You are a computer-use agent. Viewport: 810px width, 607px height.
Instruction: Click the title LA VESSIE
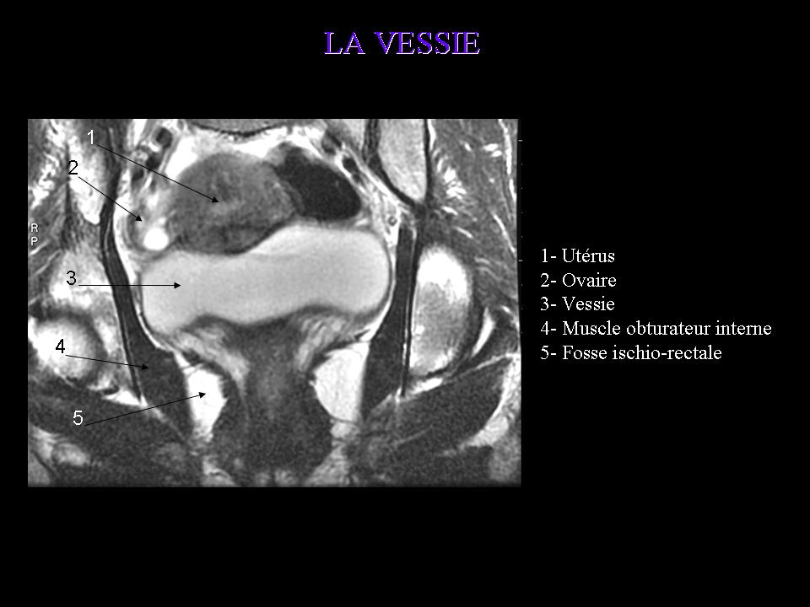pyautogui.click(x=402, y=43)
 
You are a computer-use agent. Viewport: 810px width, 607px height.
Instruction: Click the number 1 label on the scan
pyautogui.click(x=91, y=137)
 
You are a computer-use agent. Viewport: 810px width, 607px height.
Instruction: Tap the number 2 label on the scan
pyautogui.click(x=73, y=168)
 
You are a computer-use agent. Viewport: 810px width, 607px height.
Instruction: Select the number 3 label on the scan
pyautogui.click(x=71, y=278)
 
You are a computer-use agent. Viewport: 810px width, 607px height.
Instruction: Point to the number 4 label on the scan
pyautogui.click(x=61, y=346)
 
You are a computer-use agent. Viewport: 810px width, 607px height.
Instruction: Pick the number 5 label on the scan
pyautogui.click(x=78, y=417)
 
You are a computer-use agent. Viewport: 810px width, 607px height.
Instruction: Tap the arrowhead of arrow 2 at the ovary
pyautogui.click(x=139, y=218)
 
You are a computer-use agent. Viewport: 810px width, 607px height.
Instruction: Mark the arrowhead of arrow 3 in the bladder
pyautogui.click(x=177, y=285)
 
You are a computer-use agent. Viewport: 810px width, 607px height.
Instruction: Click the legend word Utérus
pyautogui.click(x=588, y=256)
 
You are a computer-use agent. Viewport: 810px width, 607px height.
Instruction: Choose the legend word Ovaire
pyautogui.click(x=590, y=280)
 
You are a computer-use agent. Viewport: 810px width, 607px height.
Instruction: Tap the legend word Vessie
pyautogui.click(x=588, y=304)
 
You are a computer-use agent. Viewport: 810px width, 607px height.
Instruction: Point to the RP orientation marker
pyautogui.click(x=34, y=234)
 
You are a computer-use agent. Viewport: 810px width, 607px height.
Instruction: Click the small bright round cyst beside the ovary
pyautogui.click(x=155, y=238)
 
